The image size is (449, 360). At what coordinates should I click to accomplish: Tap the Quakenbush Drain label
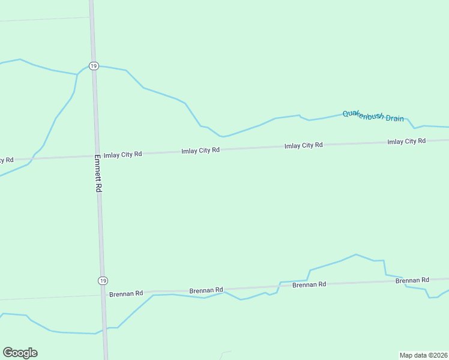[x=373, y=116]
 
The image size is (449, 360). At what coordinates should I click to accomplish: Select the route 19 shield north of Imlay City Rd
[x=93, y=66]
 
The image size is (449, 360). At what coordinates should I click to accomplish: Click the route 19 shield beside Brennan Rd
[x=103, y=281]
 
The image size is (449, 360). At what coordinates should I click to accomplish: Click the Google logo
[x=20, y=353]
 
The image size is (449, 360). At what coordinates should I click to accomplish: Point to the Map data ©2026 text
[x=423, y=355]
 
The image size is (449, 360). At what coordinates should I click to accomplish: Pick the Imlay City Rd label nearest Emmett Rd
[x=122, y=154]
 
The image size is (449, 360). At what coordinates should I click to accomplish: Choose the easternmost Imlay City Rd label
[x=406, y=141]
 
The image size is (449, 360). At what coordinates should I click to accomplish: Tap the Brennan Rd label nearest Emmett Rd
[x=126, y=294]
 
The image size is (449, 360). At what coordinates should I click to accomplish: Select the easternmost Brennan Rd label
[x=412, y=280]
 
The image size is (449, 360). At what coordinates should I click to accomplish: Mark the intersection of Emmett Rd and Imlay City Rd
[x=97, y=156]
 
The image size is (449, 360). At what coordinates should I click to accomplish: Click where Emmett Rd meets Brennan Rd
[x=103, y=295]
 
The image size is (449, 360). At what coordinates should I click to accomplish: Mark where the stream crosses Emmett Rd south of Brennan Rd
[x=104, y=329]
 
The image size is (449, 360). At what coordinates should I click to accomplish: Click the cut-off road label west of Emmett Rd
[x=6, y=160]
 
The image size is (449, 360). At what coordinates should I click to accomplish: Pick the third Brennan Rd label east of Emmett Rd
[x=309, y=284]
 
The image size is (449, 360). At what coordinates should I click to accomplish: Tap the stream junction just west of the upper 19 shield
[x=77, y=74]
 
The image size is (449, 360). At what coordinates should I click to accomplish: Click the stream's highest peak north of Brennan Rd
[x=356, y=254]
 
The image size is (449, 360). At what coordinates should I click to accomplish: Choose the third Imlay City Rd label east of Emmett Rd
[x=303, y=145]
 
